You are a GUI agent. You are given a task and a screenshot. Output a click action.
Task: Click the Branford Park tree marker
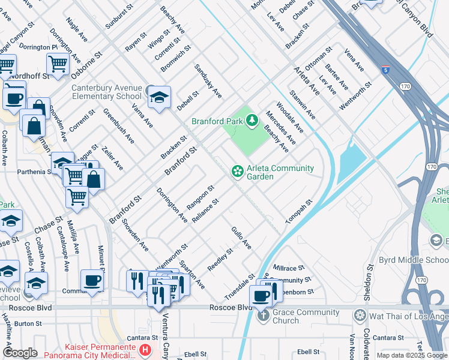pyautogui.click(x=253, y=120)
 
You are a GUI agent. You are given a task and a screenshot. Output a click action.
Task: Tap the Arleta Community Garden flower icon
pyautogui.click(x=238, y=172)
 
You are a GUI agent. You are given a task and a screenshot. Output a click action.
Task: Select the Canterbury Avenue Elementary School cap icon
pyautogui.click(x=159, y=97)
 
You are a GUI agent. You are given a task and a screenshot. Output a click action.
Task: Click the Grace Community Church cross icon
pyautogui.click(x=263, y=316)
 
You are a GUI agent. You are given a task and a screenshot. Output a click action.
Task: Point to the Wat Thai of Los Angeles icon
pyautogui.click(x=360, y=316)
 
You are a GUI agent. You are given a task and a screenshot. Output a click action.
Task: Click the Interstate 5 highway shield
pyautogui.click(x=385, y=70)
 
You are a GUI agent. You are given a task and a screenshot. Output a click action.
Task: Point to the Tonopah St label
pyautogui.click(x=300, y=212)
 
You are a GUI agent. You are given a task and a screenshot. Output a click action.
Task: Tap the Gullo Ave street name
pyautogui.click(x=241, y=238)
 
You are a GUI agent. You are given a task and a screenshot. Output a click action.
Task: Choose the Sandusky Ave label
pyautogui.click(x=208, y=82)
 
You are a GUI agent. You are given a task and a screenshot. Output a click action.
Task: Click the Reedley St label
pyautogui.click(x=220, y=259)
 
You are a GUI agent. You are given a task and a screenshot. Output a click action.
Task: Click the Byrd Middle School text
pyautogui.click(x=414, y=260)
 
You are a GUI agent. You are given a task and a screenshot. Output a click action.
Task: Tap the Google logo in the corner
pyautogui.click(x=20, y=352)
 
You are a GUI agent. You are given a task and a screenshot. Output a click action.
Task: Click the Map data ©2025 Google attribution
pyautogui.click(x=411, y=355)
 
